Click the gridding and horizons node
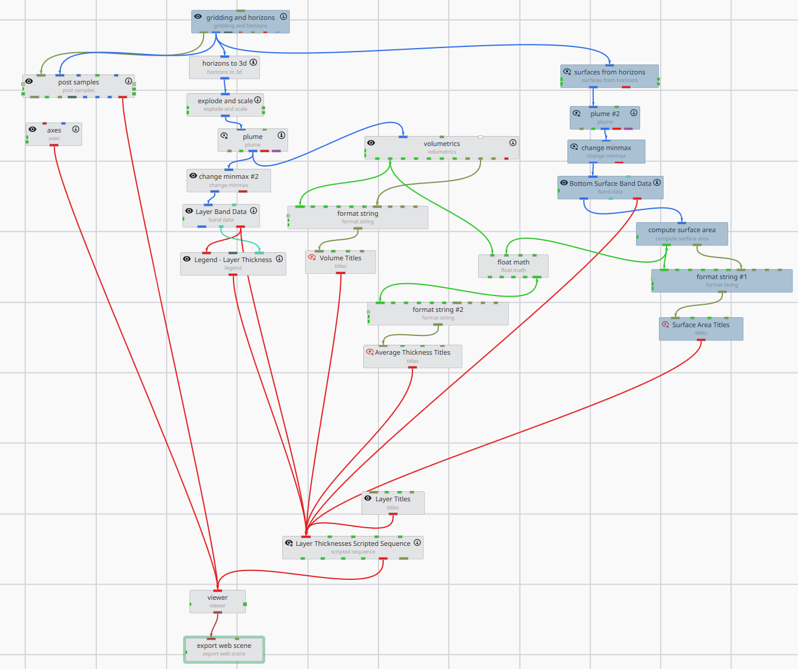tap(240, 21)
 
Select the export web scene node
tap(224, 649)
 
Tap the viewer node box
tap(217, 601)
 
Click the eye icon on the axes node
tap(33, 130)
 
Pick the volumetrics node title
tap(441, 144)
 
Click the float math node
tap(513, 266)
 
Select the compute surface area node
tap(681, 233)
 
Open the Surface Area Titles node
tap(701, 328)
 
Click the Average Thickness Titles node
tap(412, 356)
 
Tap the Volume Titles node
tap(340, 262)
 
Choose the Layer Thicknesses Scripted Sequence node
tap(353, 547)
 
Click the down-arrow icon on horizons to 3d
tap(253, 62)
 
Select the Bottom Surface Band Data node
tap(610, 187)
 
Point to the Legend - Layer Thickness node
tap(233, 263)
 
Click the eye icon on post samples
tap(29, 81)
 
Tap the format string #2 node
tap(438, 313)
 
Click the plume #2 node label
tap(605, 114)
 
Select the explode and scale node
tap(225, 104)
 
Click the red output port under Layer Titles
tap(393, 514)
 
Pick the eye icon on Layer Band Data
tap(189, 211)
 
